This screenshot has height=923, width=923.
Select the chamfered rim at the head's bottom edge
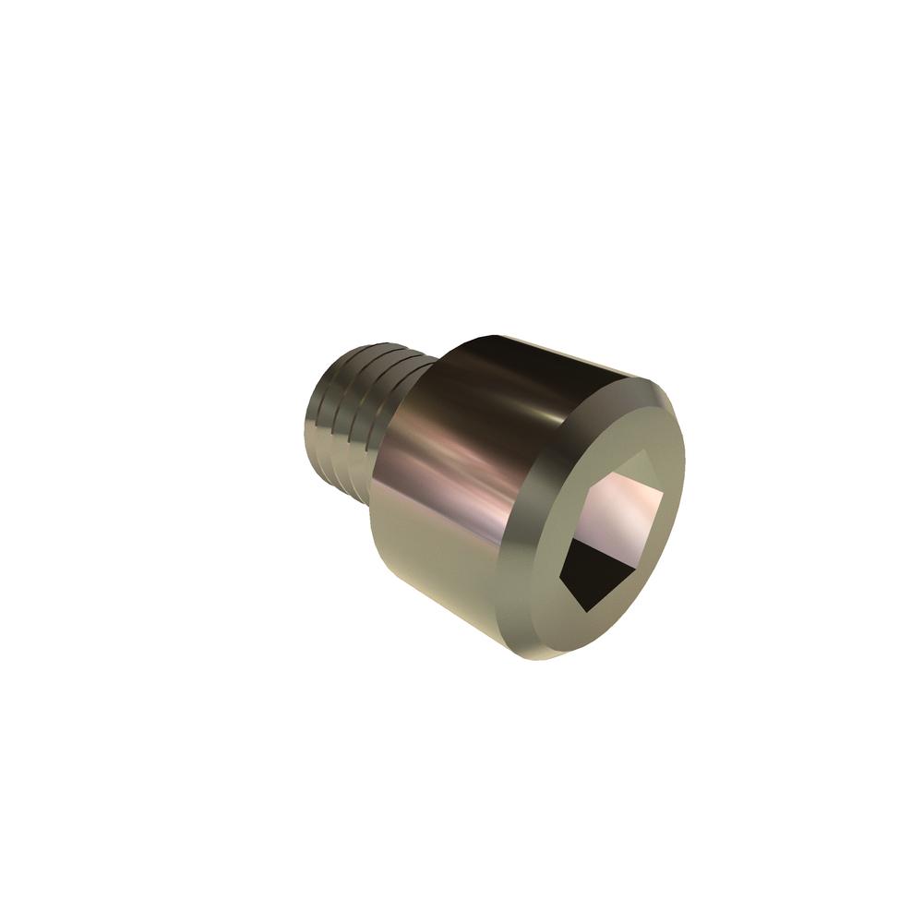[545, 646]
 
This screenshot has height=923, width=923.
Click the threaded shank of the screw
[355, 415]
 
